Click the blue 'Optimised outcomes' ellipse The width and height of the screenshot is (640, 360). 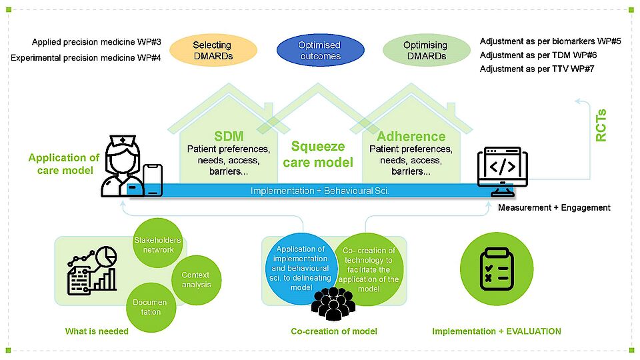[x=321, y=51]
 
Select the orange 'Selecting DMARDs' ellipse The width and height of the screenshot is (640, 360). [x=213, y=51]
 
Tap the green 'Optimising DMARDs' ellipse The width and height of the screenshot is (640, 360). [x=425, y=51]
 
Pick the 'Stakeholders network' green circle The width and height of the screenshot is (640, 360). [x=157, y=245]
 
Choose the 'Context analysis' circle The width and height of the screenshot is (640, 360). [x=195, y=280]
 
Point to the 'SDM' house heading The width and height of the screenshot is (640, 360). [x=228, y=136]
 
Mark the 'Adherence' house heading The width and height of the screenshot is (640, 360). [x=411, y=136]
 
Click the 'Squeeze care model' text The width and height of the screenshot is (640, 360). [x=318, y=154]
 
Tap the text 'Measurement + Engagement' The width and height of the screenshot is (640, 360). [x=554, y=207]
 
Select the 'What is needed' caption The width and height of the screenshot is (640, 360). [x=97, y=331]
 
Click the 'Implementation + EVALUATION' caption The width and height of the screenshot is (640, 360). [x=497, y=331]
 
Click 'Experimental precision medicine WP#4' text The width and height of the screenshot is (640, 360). [x=91, y=58]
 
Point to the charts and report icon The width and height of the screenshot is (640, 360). [x=92, y=271]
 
